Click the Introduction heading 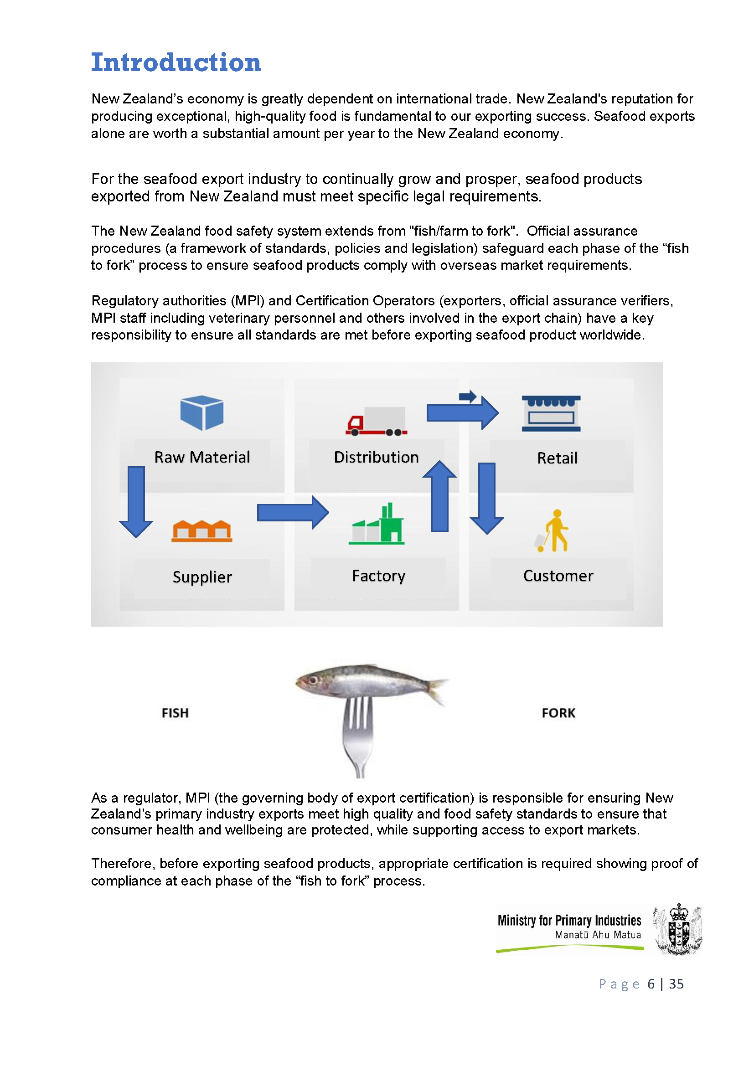click(x=176, y=62)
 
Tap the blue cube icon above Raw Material click(x=201, y=412)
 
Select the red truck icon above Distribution click(x=376, y=421)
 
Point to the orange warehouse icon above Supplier click(x=202, y=530)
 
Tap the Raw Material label click(x=202, y=457)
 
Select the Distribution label click(x=376, y=457)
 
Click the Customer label click(x=558, y=576)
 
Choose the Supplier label click(x=202, y=577)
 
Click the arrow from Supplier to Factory click(x=293, y=513)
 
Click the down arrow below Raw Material click(x=136, y=501)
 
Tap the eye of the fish click(x=313, y=680)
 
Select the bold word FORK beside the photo click(x=558, y=713)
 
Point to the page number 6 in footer click(x=651, y=984)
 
